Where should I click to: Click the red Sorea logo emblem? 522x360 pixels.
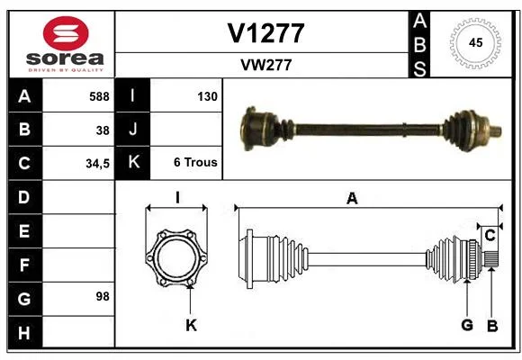click(x=66, y=33)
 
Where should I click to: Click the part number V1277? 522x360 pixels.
click(x=265, y=33)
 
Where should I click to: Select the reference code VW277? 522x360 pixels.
click(x=266, y=65)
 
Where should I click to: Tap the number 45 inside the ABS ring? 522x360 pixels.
click(x=475, y=42)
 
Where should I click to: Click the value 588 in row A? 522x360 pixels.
click(x=99, y=96)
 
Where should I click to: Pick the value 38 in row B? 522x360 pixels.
click(x=103, y=130)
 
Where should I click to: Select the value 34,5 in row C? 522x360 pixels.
click(x=97, y=164)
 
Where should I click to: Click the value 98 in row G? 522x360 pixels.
click(x=103, y=296)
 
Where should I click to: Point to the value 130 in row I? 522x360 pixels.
click(x=207, y=96)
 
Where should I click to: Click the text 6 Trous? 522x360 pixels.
click(x=195, y=162)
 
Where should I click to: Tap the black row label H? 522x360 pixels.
click(x=25, y=332)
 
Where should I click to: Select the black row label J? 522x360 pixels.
click(x=132, y=130)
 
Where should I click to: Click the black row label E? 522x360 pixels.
click(x=25, y=231)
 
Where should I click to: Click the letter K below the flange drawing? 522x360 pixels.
click(x=192, y=325)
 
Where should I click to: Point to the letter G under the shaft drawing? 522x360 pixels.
click(x=467, y=325)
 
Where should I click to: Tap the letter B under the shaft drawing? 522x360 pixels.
click(x=492, y=326)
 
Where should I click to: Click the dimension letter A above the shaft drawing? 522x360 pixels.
click(x=352, y=199)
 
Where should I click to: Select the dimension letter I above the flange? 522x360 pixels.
click(x=177, y=198)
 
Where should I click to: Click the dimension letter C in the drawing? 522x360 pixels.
click(x=490, y=236)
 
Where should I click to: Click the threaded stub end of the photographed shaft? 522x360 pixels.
click(x=496, y=130)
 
